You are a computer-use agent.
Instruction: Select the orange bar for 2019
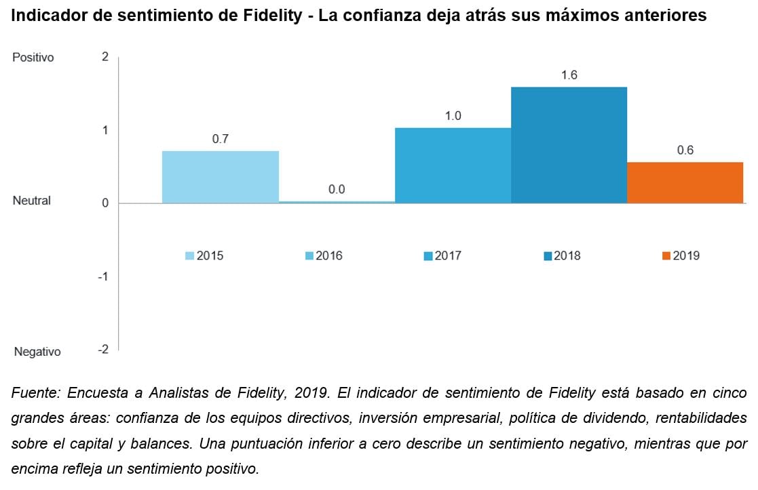point(685,182)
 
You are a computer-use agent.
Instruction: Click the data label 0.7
point(221,139)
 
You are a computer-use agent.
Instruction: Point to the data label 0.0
point(337,190)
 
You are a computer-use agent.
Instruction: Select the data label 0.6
point(685,150)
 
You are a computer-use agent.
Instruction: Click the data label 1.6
point(569,75)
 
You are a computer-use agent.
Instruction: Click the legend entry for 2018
point(562,256)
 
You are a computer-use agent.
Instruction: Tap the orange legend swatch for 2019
point(666,256)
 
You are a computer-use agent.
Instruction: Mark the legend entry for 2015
point(204,256)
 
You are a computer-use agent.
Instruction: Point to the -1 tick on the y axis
point(105,277)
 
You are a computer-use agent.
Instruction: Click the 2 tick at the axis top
point(105,57)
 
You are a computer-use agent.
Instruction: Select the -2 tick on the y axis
point(103,349)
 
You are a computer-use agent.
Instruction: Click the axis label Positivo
point(33,58)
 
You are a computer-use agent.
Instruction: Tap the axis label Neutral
point(32,201)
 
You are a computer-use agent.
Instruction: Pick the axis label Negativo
point(37,352)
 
